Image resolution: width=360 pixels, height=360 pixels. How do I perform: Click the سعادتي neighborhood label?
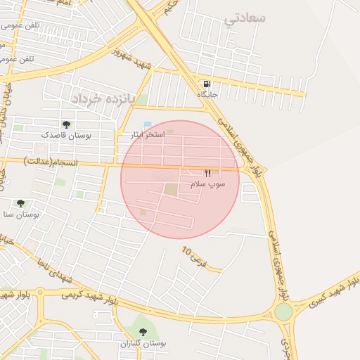245,19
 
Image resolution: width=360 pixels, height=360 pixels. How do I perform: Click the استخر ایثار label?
148,134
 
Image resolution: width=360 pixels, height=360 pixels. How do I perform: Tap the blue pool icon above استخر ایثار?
148,124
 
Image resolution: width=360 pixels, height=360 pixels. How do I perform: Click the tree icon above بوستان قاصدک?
66,124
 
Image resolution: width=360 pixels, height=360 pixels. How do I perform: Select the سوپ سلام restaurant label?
208,184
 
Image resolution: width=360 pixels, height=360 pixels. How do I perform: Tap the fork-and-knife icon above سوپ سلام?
207,173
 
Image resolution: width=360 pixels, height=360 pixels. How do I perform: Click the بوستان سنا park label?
19,214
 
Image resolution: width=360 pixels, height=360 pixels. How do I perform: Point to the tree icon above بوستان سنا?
20,203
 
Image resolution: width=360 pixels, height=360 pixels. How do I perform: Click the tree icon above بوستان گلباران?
143,333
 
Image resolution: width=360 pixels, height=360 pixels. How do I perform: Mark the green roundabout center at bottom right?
283,311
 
